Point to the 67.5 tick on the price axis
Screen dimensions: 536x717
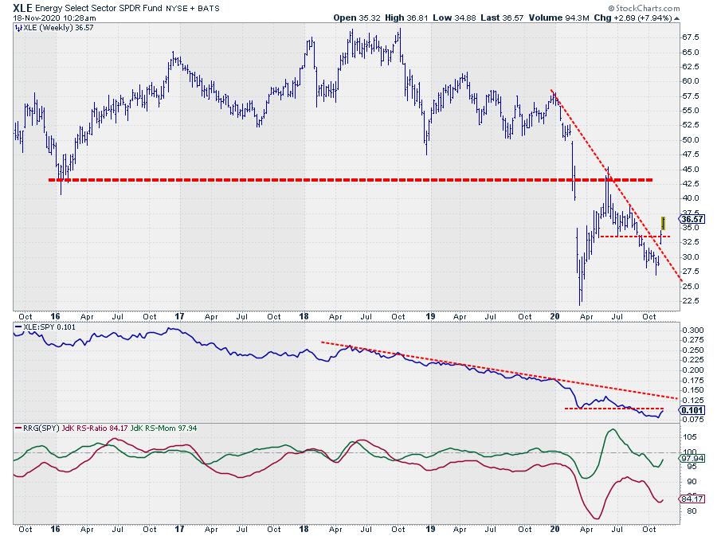click(692, 37)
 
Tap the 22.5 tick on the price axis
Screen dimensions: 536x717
click(692, 300)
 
